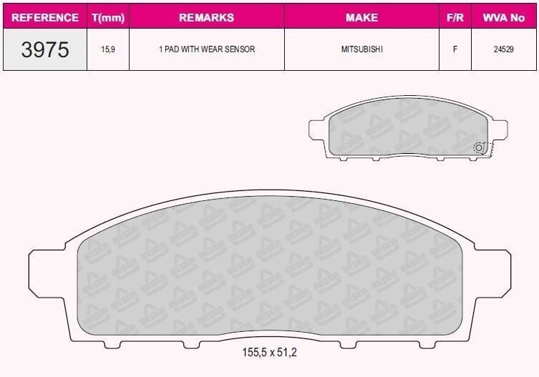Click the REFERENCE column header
45,17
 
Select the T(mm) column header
108,17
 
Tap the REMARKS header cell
207,17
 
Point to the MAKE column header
361,17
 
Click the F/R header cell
455,17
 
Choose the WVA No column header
504,17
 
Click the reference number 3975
45,49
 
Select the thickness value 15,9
108,49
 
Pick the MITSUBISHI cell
361,49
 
